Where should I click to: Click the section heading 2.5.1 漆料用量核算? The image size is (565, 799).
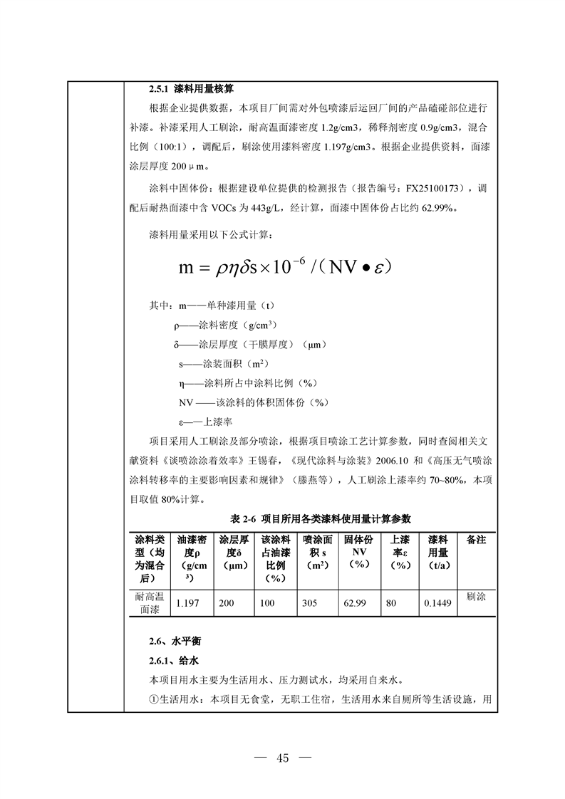click(x=192, y=90)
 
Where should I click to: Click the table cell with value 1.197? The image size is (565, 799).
click(x=187, y=603)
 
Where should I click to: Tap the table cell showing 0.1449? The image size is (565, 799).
click(x=437, y=603)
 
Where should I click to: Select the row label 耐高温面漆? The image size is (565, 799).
click(x=150, y=602)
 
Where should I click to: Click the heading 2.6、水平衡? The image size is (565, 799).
click(x=169, y=641)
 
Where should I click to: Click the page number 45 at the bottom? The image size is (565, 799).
click(x=282, y=758)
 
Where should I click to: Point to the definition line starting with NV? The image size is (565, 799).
click(x=253, y=402)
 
